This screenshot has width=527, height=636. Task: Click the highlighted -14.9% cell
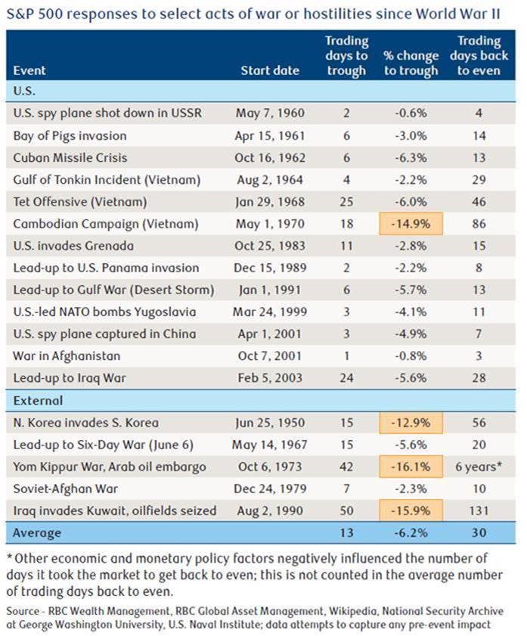point(411,224)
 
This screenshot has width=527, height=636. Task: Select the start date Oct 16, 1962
point(269,158)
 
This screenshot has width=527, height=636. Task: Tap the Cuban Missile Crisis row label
point(70,158)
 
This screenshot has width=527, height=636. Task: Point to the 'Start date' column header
point(270,70)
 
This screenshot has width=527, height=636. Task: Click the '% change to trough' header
point(411,63)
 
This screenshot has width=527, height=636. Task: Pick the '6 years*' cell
point(479,467)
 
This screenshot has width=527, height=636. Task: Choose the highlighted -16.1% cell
point(411,467)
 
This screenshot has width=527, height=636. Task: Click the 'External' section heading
point(37,401)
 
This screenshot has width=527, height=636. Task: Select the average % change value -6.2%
point(411,533)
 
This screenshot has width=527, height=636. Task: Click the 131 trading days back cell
point(479,510)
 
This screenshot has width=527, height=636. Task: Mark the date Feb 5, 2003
point(270,378)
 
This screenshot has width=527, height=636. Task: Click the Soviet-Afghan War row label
point(64,489)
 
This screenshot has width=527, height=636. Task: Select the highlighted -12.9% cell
point(411,423)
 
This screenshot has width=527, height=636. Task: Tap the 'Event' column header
point(29,70)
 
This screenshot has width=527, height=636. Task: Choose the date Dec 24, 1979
point(270,489)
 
